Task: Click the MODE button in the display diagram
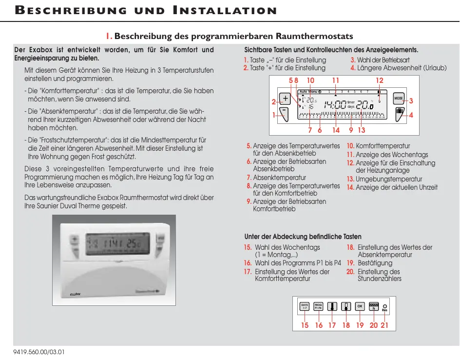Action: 399,99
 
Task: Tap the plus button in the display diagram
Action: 285,99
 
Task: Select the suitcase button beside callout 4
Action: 399,113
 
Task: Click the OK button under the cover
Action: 360,306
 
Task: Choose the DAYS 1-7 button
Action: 305,306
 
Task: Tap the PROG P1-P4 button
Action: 318,306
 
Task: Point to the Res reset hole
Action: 384,306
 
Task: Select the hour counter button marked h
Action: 374,306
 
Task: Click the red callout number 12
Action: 379,80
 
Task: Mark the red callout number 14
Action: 336,130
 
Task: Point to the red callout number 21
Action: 384,325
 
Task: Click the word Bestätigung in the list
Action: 375,263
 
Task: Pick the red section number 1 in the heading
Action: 109,37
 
